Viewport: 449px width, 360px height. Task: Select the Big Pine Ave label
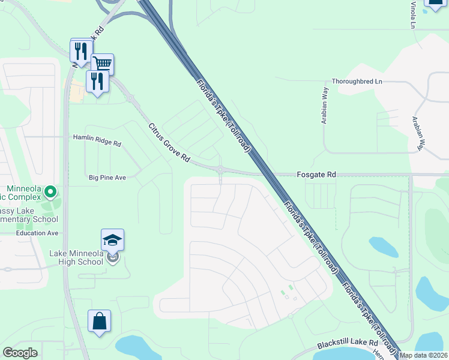107,178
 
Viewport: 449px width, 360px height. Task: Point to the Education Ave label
37,233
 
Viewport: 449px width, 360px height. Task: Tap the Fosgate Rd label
316,175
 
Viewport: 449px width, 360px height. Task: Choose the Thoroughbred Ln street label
357,81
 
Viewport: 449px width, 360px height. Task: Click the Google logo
20,353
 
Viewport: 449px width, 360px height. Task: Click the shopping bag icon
99,321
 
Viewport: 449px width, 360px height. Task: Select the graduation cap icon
112,240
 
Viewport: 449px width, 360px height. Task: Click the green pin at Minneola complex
50,193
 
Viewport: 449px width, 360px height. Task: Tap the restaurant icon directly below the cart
97,81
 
